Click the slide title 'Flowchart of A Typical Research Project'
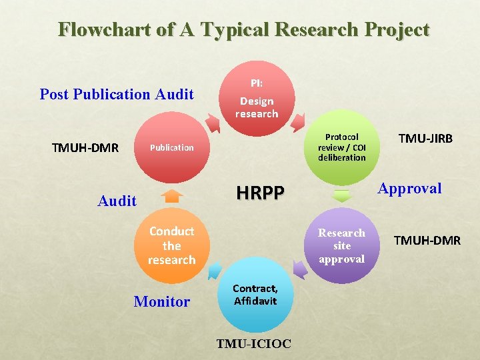tap(243, 30)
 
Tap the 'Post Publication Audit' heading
tap(117, 94)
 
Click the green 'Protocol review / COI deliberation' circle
tap(341, 147)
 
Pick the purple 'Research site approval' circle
tap(341, 245)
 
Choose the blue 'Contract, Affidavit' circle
tap(255, 295)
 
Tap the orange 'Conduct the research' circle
tap(172, 245)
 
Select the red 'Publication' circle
tap(172, 147)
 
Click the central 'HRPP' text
tap(261, 193)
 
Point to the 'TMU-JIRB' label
tap(425, 139)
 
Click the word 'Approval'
tap(409, 188)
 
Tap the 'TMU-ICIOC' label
tap(253, 344)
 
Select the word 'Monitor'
tap(162, 301)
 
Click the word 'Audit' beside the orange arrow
tap(117, 200)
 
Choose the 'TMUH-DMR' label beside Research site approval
tap(427, 241)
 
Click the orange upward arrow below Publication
tap(172, 195)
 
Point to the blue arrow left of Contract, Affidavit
tap(215, 270)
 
